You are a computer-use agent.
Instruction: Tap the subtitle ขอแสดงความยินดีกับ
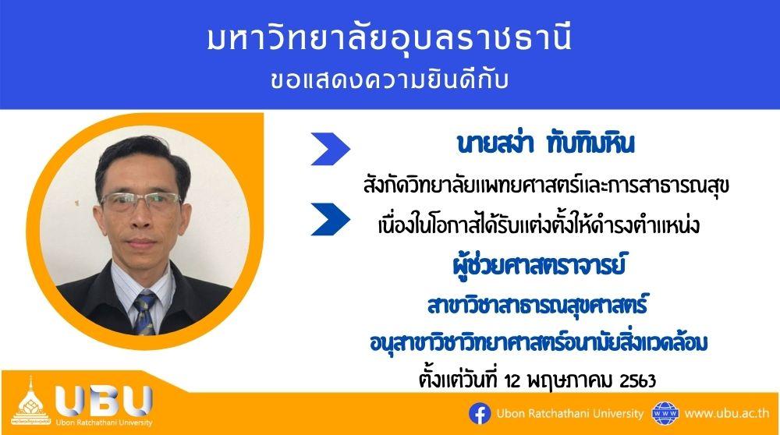pyautogui.click(x=389, y=80)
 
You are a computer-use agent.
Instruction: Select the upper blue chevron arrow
pyautogui.click(x=330, y=149)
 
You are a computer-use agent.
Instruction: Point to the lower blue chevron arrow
pyautogui.click(x=330, y=219)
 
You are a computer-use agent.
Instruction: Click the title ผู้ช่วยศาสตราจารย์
pyautogui.click(x=539, y=263)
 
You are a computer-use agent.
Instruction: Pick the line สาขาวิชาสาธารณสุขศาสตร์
pyautogui.click(x=537, y=304)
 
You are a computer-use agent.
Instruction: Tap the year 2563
pyautogui.click(x=638, y=380)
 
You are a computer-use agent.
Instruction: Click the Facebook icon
pyautogui.click(x=480, y=414)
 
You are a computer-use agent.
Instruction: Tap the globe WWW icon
pyautogui.click(x=665, y=414)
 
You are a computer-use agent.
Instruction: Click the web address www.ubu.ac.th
pyautogui.click(x=727, y=414)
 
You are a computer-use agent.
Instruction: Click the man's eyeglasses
pyautogui.click(x=140, y=201)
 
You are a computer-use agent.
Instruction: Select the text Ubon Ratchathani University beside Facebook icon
pyautogui.click(x=570, y=414)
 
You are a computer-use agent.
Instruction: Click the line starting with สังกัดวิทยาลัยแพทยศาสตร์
pyautogui.click(x=546, y=186)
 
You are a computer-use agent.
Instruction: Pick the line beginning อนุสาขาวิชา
pyautogui.click(x=539, y=343)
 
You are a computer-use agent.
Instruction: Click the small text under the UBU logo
pyautogui.click(x=104, y=423)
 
